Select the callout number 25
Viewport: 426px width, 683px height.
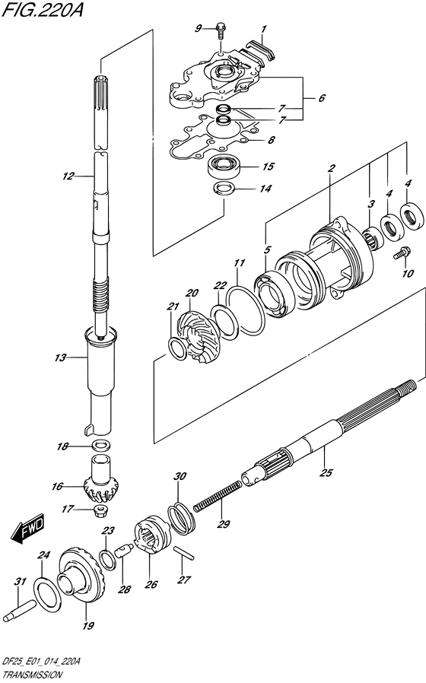(x=326, y=472)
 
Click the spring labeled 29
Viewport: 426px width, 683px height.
(x=217, y=495)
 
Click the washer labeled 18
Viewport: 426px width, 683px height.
(x=100, y=446)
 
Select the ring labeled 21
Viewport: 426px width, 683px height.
(x=176, y=348)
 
